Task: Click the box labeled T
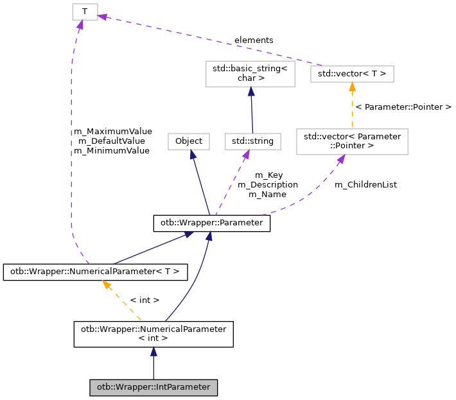point(84,12)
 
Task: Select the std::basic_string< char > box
point(250,74)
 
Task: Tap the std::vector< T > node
point(352,74)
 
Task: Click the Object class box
point(189,141)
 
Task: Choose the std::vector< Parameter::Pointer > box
point(352,141)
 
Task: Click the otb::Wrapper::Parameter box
point(211,223)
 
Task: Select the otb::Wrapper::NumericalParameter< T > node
point(95,272)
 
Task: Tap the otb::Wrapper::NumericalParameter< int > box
point(153,334)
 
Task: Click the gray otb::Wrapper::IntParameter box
point(153,388)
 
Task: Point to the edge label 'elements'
point(254,40)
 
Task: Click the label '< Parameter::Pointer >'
point(403,107)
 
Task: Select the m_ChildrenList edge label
point(365,184)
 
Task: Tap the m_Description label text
point(268,184)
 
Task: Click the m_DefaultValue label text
point(111,141)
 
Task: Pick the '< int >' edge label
point(145,300)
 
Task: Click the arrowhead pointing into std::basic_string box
point(250,92)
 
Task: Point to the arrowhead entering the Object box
point(191,155)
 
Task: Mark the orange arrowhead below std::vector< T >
point(352,87)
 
